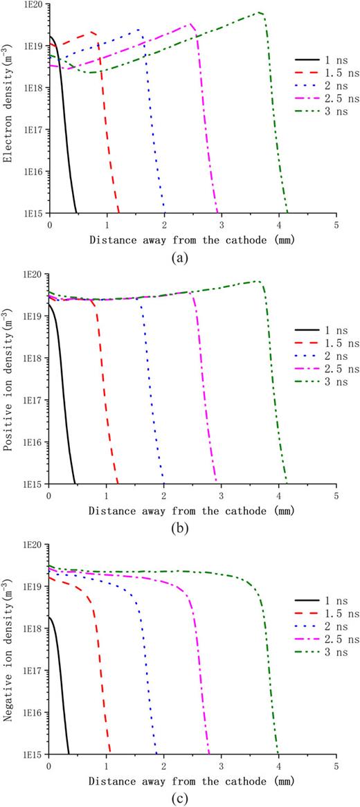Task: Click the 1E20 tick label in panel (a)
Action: (x=33, y=5)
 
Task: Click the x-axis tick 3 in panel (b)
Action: (x=221, y=496)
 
